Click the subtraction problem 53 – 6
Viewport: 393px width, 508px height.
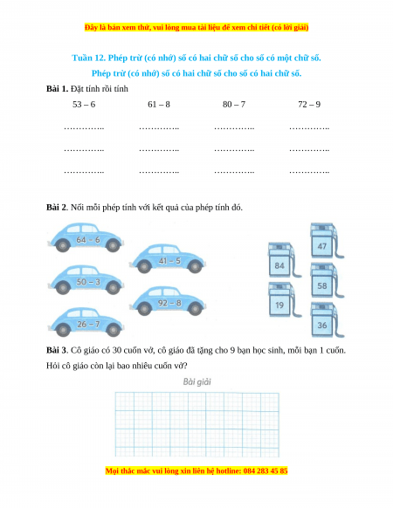[x=84, y=105]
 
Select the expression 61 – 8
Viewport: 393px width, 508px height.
[x=159, y=105]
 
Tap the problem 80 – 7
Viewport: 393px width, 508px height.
[x=234, y=105]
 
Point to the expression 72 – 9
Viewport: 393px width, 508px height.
[x=309, y=105]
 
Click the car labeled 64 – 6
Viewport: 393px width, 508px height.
[x=86, y=237]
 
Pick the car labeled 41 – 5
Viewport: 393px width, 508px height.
[x=168, y=258]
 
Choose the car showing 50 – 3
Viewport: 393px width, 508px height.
[x=86, y=280]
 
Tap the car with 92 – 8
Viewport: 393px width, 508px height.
[x=168, y=301]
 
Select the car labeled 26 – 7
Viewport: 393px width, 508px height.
[x=86, y=322]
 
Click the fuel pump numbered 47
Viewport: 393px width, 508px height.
[x=326, y=240]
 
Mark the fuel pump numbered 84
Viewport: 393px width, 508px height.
[x=284, y=260]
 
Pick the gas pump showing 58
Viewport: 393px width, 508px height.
[x=326, y=280]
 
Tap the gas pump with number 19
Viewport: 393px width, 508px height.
[x=284, y=299]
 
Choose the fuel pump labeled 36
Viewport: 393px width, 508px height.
[x=326, y=319]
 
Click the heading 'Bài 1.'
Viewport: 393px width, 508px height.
[x=57, y=89]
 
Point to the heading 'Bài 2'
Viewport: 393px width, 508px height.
[x=57, y=208]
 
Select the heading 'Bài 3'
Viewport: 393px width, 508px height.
[x=57, y=350]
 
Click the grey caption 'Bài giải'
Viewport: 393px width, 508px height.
[x=196, y=382]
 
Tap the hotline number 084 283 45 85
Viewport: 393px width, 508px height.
[x=265, y=470]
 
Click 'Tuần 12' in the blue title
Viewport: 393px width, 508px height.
[x=87, y=58]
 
